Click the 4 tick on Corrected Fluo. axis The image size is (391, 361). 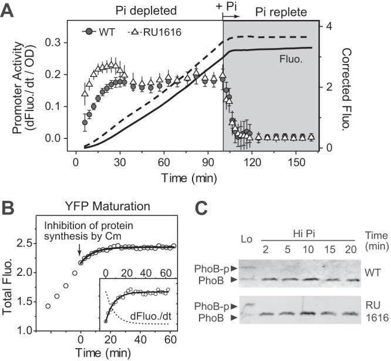331,26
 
